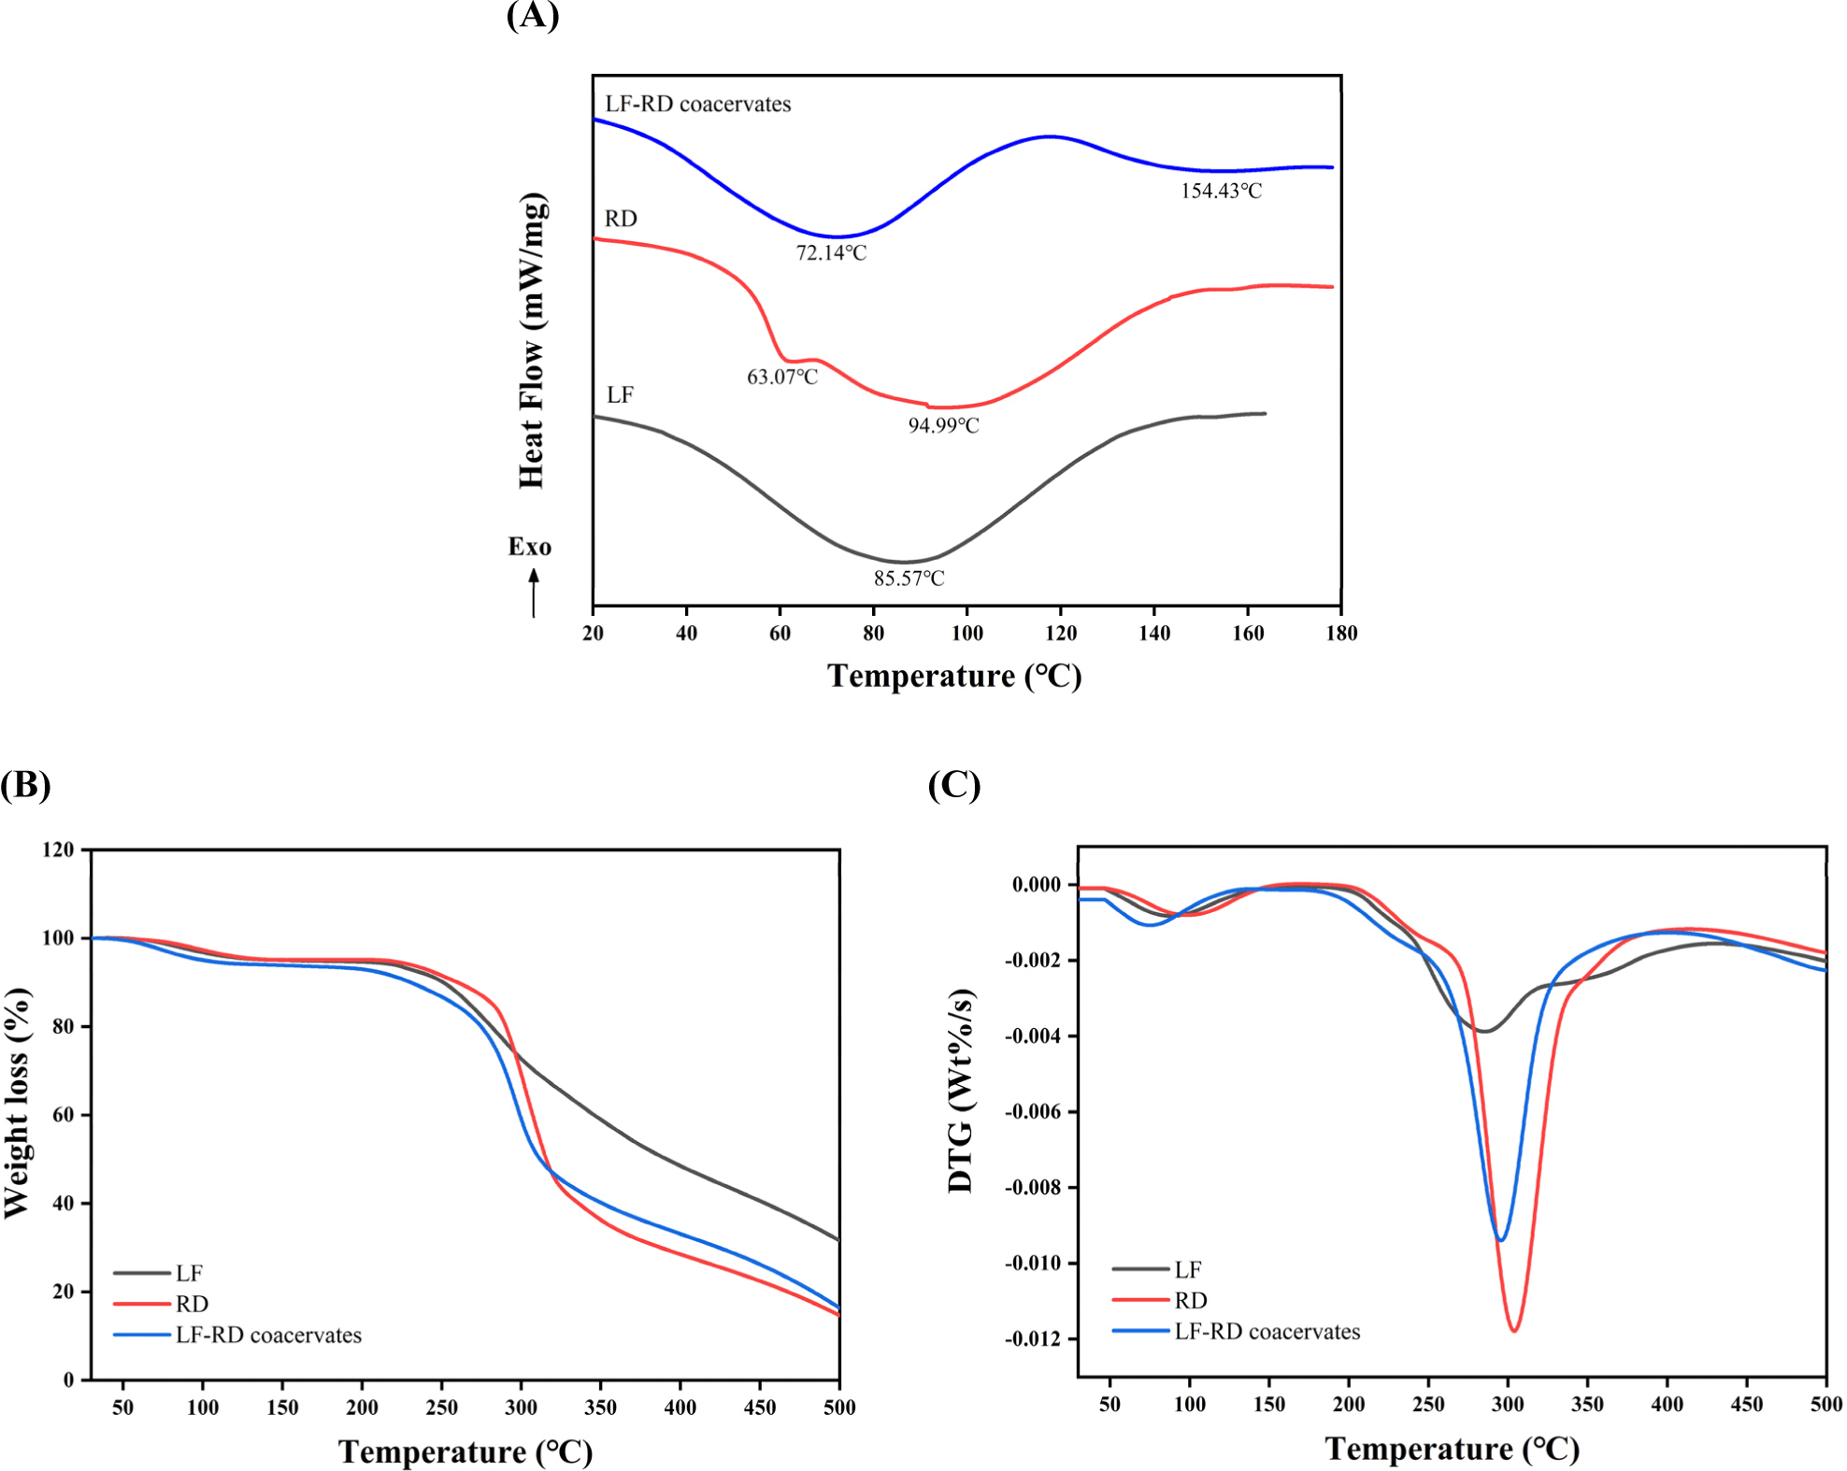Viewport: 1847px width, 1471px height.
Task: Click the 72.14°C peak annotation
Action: (831, 253)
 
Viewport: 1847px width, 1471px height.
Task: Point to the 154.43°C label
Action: (1221, 192)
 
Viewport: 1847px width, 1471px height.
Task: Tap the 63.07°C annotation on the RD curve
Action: (781, 378)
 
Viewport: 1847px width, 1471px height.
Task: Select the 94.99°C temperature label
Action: (943, 426)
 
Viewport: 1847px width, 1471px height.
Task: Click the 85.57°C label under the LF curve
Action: (909, 579)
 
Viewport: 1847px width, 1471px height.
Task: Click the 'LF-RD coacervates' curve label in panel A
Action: (697, 105)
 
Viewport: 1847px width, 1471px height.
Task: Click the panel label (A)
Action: (532, 15)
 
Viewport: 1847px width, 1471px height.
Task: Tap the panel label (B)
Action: (25, 785)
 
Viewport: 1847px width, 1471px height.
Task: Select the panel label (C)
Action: (954, 785)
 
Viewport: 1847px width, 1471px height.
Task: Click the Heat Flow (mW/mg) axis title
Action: (532, 340)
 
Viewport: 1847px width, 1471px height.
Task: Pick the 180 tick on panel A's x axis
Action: (1341, 634)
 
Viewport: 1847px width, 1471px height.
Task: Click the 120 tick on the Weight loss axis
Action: (58, 850)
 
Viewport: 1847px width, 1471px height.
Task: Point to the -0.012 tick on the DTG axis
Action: (1033, 1339)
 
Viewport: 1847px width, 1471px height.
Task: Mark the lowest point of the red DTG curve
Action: (1514, 1330)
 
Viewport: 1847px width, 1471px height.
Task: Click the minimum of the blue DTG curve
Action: (1500, 1240)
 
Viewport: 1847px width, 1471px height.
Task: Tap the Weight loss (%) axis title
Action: (17, 1103)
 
